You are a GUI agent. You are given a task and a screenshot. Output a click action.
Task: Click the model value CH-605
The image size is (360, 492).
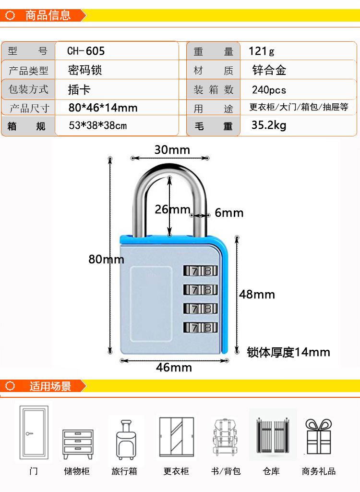point(85,51)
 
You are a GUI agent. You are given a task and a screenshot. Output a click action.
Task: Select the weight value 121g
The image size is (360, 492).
point(262,51)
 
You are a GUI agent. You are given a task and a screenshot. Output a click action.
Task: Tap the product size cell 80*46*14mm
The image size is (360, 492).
point(103,108)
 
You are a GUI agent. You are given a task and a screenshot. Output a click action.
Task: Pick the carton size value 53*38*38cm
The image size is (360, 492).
point(98,126)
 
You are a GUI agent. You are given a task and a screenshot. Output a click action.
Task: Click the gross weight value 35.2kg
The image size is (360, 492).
point(269,126)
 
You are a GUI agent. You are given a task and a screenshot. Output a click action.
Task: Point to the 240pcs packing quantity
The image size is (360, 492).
point(269,90)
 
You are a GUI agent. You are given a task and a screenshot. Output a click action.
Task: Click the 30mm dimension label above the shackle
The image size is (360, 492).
point(172,149)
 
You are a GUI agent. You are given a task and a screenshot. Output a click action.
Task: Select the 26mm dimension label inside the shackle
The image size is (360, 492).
point(172,209)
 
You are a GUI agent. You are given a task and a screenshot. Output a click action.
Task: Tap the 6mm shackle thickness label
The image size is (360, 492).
point(229,212)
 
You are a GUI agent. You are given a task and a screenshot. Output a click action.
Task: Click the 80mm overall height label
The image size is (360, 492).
point(106,259)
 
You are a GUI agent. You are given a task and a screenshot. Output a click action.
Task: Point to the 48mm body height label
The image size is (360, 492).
point(257,294)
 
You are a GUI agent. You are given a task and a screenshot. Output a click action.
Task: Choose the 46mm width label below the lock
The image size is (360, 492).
point(174,368)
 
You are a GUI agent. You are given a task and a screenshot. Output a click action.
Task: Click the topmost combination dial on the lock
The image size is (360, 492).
point(200,271)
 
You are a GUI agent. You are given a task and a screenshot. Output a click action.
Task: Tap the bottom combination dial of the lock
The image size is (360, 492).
point(200,328)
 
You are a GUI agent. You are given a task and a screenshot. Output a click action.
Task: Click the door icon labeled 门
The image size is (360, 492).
point(34,432)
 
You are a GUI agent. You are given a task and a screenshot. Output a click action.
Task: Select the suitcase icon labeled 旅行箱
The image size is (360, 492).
point(126,439)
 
